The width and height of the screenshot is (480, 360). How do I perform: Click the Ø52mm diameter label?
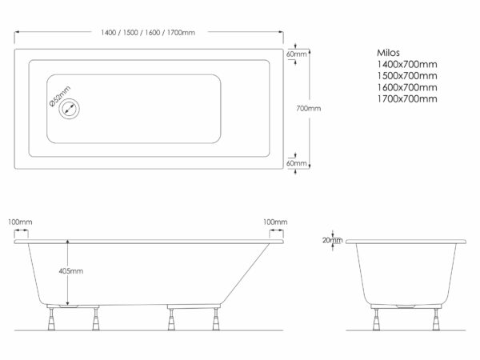60,96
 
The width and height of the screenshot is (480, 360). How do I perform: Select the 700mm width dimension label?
309,108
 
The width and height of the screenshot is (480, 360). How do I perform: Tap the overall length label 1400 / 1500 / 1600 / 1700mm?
148,33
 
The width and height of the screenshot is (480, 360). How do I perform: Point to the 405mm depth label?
71,271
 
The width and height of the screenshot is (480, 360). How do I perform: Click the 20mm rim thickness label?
332,240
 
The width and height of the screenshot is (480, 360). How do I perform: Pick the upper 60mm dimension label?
296,54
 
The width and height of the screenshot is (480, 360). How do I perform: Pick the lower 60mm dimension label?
296,163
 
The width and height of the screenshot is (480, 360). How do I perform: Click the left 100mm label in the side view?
20,222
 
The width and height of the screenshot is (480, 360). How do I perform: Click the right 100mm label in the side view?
275,222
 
